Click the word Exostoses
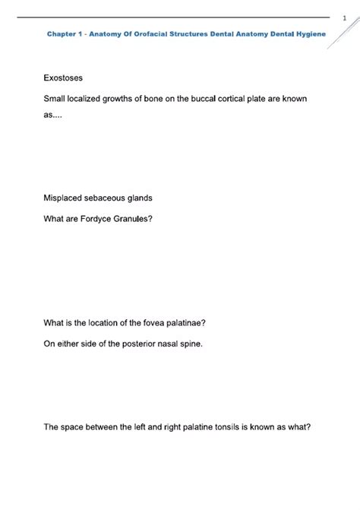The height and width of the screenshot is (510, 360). (x=64, y=78)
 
